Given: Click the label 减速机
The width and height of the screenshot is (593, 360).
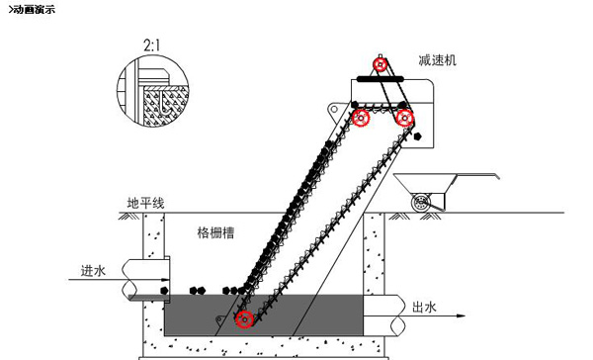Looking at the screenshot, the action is click(437, 60).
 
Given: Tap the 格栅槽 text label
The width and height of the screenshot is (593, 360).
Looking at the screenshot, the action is click(215, 232).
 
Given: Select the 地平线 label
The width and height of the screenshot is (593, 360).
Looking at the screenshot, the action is click(145, 204).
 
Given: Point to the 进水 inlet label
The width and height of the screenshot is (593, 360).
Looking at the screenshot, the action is click(93, 271).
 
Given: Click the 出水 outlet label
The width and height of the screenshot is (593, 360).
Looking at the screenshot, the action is click(424, 307).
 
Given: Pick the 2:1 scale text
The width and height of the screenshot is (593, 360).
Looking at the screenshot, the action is click(151, 45).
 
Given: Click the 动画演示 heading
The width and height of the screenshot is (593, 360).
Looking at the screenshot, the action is click(32, 10).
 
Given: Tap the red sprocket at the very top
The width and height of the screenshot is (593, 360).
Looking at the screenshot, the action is click(381, 64).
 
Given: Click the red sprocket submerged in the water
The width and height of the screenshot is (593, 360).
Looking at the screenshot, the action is click(245, 319).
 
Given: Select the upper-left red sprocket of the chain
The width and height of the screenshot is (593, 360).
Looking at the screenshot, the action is click(361, 118).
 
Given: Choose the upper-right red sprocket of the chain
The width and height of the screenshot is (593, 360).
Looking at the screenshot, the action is click(405, 119).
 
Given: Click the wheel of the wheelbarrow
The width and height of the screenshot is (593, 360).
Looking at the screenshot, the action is click(421, 203).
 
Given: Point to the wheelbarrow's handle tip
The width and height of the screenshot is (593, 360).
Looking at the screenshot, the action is click(497, 176).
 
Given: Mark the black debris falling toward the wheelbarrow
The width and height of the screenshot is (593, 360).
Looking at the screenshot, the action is click(417, 135).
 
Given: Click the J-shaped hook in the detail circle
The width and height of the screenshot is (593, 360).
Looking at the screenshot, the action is click(163, 102).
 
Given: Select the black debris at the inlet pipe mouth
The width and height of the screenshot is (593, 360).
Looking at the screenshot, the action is click(164, 291).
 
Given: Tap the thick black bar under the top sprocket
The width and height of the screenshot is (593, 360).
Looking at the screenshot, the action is click(381, 79).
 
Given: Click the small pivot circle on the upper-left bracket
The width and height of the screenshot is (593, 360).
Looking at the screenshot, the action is click(334, 110).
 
